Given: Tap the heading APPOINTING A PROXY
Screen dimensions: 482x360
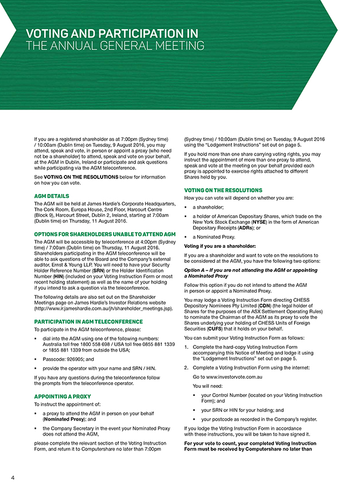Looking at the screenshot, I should pos(62,396).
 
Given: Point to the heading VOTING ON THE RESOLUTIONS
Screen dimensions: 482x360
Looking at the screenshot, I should pos(223,190).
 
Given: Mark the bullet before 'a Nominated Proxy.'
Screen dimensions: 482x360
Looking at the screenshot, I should pos(187,237).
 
